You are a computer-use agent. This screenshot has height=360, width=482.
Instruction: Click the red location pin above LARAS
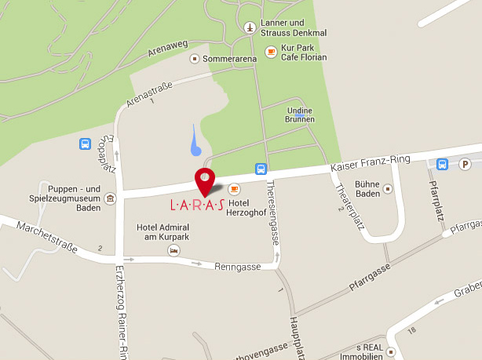click(204, 180)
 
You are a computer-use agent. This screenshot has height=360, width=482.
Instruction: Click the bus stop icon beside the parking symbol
click(442, 164)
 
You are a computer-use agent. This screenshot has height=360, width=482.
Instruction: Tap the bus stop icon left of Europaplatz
click(85, 144)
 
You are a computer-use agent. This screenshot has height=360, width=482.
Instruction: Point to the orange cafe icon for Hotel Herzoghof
click(233, 189)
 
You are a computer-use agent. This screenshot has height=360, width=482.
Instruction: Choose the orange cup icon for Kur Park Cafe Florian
click(271, 52)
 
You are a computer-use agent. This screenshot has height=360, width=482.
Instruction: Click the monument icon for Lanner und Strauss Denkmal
click(250, 28)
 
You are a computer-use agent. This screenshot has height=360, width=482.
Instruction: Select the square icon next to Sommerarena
click(194, 58)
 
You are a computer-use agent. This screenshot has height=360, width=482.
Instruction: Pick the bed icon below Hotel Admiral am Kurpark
click(173, 249)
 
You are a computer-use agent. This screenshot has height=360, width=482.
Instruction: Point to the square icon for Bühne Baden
click(387, 188)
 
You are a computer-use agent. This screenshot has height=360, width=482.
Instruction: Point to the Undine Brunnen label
click(301, 115)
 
